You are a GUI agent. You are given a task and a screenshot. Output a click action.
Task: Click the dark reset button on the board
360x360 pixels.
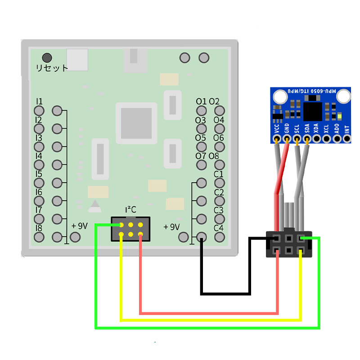(46, 58)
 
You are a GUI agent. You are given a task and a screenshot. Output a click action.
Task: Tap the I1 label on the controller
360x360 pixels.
(39, 101)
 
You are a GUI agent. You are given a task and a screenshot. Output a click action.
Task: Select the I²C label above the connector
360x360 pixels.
(130, 210)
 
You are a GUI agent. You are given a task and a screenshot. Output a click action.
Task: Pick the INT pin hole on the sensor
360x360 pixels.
(347, 139)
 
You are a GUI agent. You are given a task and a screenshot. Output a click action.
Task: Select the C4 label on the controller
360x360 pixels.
(219, 228)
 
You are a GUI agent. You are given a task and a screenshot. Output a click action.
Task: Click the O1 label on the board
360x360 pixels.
(201, 101)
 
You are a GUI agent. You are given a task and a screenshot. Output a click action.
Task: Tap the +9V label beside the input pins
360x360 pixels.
(80, 226)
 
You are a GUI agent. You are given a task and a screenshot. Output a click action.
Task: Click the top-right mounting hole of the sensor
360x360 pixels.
(344, 95)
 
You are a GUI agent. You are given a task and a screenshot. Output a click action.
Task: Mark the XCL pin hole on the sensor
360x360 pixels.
(327, 139)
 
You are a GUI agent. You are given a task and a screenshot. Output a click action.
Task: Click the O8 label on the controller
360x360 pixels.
(214, 156)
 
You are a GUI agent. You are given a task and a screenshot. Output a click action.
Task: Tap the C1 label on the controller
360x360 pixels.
(219, 174)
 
